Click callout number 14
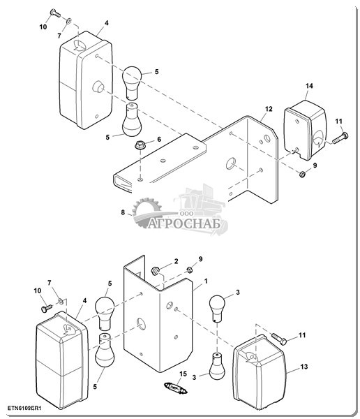(x=309, y=86)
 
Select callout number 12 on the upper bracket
(x=269, y=109)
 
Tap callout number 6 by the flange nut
(x=159, y=139)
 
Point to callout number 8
(x=123, y=212)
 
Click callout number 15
(x=183, y=374)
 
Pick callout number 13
(x=304, y=367)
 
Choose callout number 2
(x=176, y=261)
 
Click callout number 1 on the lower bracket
(x=206, y=281)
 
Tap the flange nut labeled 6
(x=139, y=146)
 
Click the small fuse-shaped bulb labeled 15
(x=175, y=388)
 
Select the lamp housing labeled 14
(x=305, y=130)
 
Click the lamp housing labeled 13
(x=259, y=372)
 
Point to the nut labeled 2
(x=155, y=271)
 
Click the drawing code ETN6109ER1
(x=24, y=409)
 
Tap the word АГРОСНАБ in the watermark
(x=184, y=224)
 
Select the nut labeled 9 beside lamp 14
(x=302, y=175)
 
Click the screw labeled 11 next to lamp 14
(x=340, y=138)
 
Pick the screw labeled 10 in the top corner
(x=55, y=13)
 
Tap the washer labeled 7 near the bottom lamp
(x=61, y=302)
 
